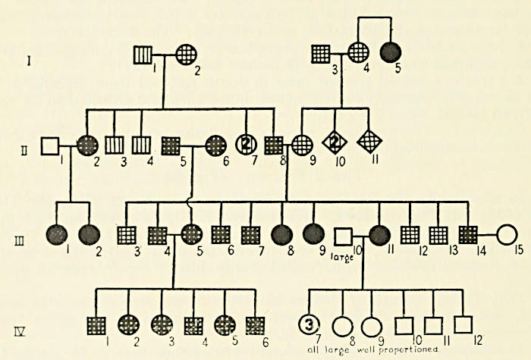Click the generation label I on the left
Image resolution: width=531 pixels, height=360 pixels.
tap(28, 58)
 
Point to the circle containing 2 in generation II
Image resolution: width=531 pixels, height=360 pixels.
tap(247, 144)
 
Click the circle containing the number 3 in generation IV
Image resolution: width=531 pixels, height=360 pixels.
tap(308, 326)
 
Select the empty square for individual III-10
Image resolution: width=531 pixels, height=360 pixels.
tap(344, 236)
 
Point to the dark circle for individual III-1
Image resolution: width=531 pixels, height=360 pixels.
tap(55, 236)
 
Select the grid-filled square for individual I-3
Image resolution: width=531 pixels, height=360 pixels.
tap(322, 54)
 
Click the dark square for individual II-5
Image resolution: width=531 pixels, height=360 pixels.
tap(171, 144)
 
